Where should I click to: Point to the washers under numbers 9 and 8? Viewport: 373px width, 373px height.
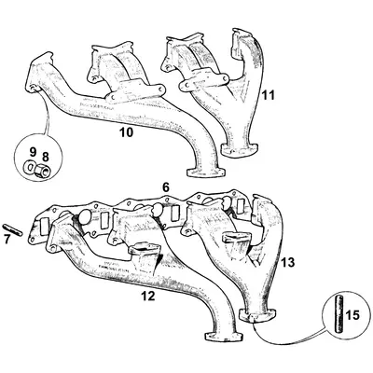pyautogui.click(x=37, y=167)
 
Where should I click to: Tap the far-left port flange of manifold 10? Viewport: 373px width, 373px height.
pyautogui.click(x=41, y=76)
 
